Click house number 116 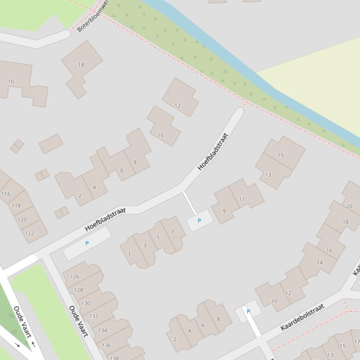tap(6, 194)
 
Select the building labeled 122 tap(29, 233)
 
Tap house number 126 tap(74, 276)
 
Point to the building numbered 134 tap(103, 330)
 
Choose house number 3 tap(145, 245)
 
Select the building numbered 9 tap(224, 211)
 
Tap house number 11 tap(242, 199)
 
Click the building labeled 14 tap(320, 262)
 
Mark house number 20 tap(349, 206)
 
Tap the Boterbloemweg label tap(93, 16)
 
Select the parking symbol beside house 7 tap(199, 221)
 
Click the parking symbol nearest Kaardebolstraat tap(248, 311)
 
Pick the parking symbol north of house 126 tap(87, 243)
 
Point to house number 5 tap(158, 238)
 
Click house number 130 tap(86, 303)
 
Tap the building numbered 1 tap(130, 254)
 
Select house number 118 tap(16, 205)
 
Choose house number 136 tap(106, 346)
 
